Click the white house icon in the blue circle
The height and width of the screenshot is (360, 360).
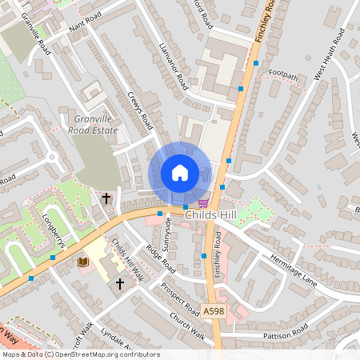coord(179,173)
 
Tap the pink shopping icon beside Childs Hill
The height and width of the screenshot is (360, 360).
coord(203,203)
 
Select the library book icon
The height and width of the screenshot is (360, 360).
coord(82,262)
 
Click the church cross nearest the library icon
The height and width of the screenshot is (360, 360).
coord(120,283)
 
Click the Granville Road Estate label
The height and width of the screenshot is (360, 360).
coord(92,123)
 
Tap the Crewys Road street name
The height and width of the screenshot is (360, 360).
coord(140,110)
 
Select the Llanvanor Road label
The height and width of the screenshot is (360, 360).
coord(173,66)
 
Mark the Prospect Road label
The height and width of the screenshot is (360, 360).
coord(180,298)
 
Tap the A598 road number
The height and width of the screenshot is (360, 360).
coord(214,310)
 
